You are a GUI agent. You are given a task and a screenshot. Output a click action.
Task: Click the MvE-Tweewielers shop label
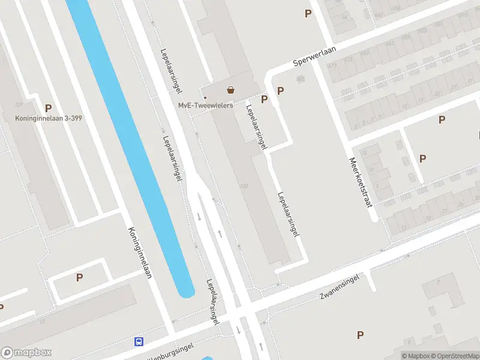tap(205, 106)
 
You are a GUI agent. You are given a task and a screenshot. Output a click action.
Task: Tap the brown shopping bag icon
tap(230, 91)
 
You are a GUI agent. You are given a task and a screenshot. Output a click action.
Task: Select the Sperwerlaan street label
tap(314, 57)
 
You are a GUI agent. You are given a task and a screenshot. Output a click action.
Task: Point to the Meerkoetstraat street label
tap(361, 182)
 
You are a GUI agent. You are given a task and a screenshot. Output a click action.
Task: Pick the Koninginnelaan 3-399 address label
tap(49, 118)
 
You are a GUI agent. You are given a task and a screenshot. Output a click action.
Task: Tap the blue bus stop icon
tap(139, 341)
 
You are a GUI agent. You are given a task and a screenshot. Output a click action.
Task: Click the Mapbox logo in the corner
tap(26, 353)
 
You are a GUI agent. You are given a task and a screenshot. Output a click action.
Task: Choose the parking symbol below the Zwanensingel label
tap(360, 335)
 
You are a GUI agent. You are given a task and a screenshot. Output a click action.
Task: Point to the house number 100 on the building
tap(243, 186)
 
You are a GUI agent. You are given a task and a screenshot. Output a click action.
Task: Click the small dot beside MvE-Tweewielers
tap(205, 97)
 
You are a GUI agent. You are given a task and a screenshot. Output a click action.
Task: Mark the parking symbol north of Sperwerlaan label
tap(308, 13)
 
